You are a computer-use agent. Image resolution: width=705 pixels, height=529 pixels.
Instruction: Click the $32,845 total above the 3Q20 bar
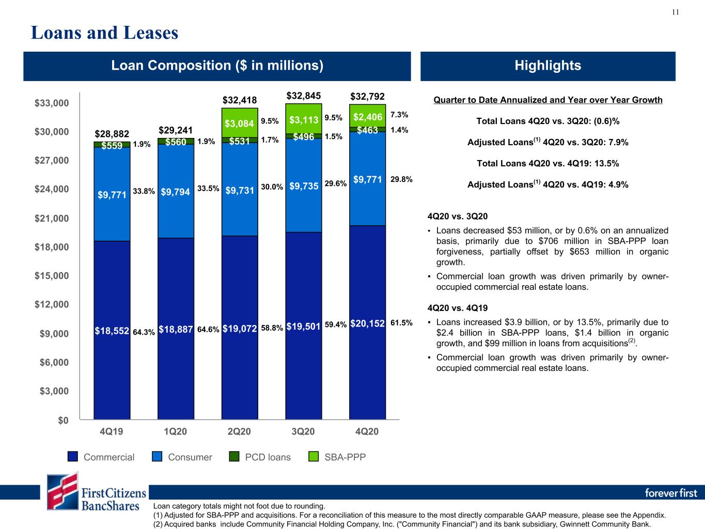tap(304, 96)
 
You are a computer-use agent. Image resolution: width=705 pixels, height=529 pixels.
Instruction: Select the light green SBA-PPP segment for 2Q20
tap(240, 123)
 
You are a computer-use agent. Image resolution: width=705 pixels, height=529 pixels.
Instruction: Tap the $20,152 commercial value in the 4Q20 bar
tap(367, 323)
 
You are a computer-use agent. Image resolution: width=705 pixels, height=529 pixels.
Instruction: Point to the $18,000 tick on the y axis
tap(52, 247)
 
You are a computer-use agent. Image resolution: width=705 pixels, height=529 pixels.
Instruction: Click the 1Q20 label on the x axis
tap(175, 431)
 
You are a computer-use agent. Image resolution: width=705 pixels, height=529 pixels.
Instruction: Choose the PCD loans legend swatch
tap(234, 456)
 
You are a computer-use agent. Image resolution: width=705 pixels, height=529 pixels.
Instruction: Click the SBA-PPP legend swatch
tap(314, 456)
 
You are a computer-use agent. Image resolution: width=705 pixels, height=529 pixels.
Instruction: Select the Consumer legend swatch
tap(156, 456)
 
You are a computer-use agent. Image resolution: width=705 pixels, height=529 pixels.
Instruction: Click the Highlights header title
tap(548, 65)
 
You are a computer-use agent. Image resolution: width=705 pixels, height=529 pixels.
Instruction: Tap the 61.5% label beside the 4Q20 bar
tap(401, 323)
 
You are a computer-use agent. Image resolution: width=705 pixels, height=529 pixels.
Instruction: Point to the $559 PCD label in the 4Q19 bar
tap(112, 146)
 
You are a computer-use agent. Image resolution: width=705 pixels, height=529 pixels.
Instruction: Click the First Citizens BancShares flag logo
tap(62, 491)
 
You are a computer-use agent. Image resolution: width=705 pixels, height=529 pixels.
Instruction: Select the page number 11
tap(675, 12)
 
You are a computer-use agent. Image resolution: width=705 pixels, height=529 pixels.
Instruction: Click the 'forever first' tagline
tap(671, 493)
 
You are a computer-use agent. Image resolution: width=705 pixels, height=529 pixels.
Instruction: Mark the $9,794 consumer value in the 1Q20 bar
tap(176, 192)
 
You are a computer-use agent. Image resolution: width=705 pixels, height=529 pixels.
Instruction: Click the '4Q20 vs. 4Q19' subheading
tap(458, 308)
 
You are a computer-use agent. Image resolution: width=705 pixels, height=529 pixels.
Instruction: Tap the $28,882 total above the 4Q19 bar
tap(112, 134)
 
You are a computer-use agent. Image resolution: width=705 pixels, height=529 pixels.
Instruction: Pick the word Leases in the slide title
tap(151, 33)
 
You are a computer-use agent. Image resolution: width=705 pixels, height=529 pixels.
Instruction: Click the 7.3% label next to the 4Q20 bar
tap(399, 115)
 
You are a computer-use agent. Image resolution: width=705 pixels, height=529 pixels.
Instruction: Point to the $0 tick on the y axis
tap(63, 421)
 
